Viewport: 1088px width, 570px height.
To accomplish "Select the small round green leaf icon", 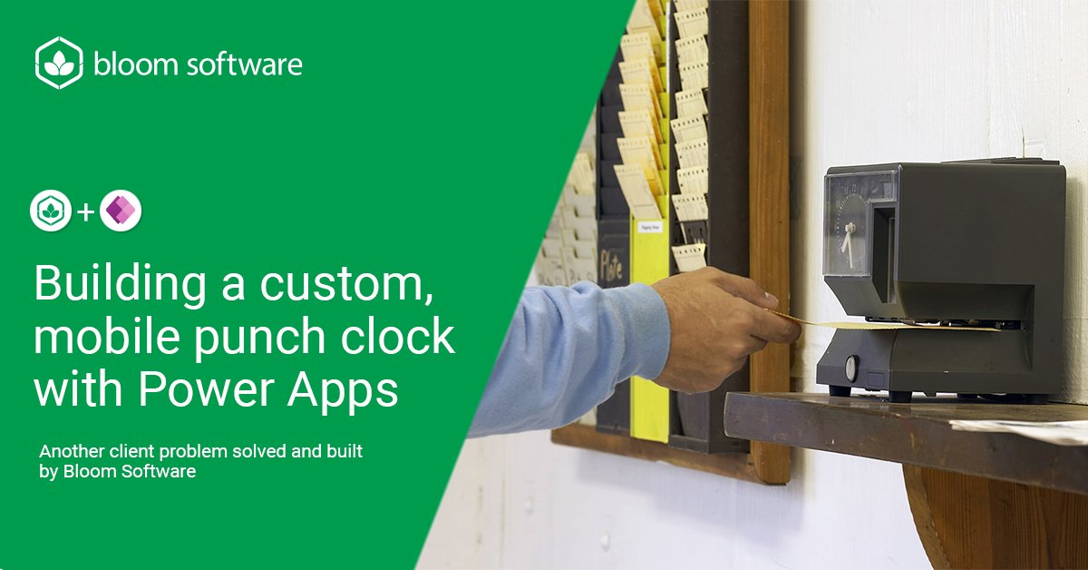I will click(x=51, y=211).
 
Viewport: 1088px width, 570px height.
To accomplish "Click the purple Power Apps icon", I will click(x=121, y=211).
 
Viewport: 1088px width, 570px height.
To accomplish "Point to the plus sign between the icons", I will click(x=86, y=212).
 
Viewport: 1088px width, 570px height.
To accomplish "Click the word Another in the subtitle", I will click(x=72, y=450).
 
